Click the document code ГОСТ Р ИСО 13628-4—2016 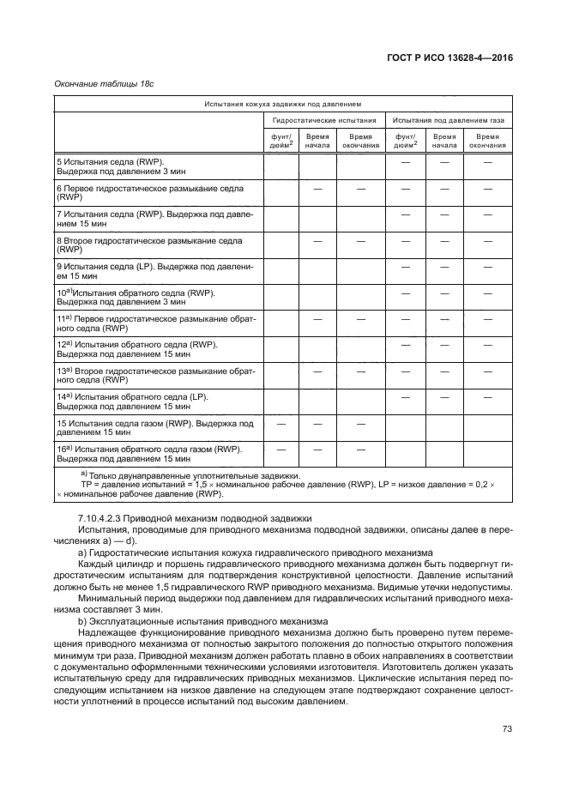tap(450, 58)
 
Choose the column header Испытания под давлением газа tap(449, 121)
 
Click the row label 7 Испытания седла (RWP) tap(154, 217)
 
